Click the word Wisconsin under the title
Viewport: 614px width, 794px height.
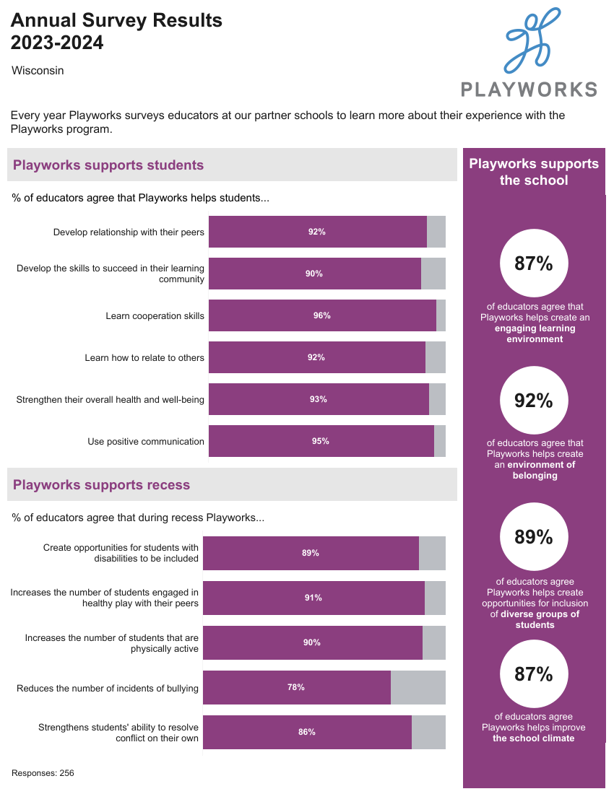click(38, 71)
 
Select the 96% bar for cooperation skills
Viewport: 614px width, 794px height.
click(322, 315)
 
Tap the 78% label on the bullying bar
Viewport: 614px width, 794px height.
click(296, 687)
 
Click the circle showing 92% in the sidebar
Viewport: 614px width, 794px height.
click(534, 401)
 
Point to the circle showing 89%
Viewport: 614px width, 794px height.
click(534, 537)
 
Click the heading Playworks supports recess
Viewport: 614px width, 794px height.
click(101, 485)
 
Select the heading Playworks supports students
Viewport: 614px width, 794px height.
click(108, 165)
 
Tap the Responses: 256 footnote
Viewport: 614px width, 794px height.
click(43, 773)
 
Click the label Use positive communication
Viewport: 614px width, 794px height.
click(146, 441)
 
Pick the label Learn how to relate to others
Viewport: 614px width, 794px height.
click(144, 357)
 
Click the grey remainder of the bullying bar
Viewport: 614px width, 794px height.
click(418, 687)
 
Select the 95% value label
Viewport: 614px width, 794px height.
click(321, 441)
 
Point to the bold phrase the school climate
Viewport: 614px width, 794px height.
click(534, 738)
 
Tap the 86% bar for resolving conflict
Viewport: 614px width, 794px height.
click(307, 732)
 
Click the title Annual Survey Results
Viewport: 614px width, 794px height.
click(116, 21)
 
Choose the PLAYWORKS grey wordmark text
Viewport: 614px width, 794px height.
click(529, 90)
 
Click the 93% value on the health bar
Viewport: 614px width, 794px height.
click(319, 399)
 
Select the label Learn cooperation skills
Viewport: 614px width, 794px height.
click(155, 315)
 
